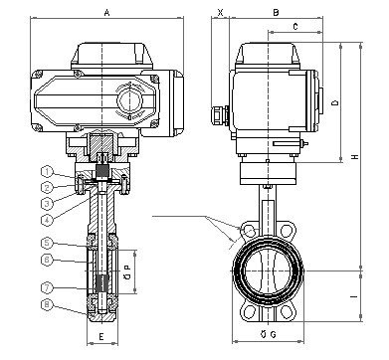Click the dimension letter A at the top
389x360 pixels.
click(x=106, y=13)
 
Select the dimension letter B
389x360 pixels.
click(x=276, y=13)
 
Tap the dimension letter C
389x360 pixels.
click(x=295, y=27)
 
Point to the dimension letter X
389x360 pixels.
click(x=220, y=13)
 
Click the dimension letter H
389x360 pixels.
click(x=355, y=156)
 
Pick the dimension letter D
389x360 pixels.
click(x=335, y=102)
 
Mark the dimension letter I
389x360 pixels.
click(x=354, y=296)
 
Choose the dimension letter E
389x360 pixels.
click(x=101, y=336)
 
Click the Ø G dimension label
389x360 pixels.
click(x=269, y=334)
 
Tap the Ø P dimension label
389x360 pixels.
click(x=128, y=271)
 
